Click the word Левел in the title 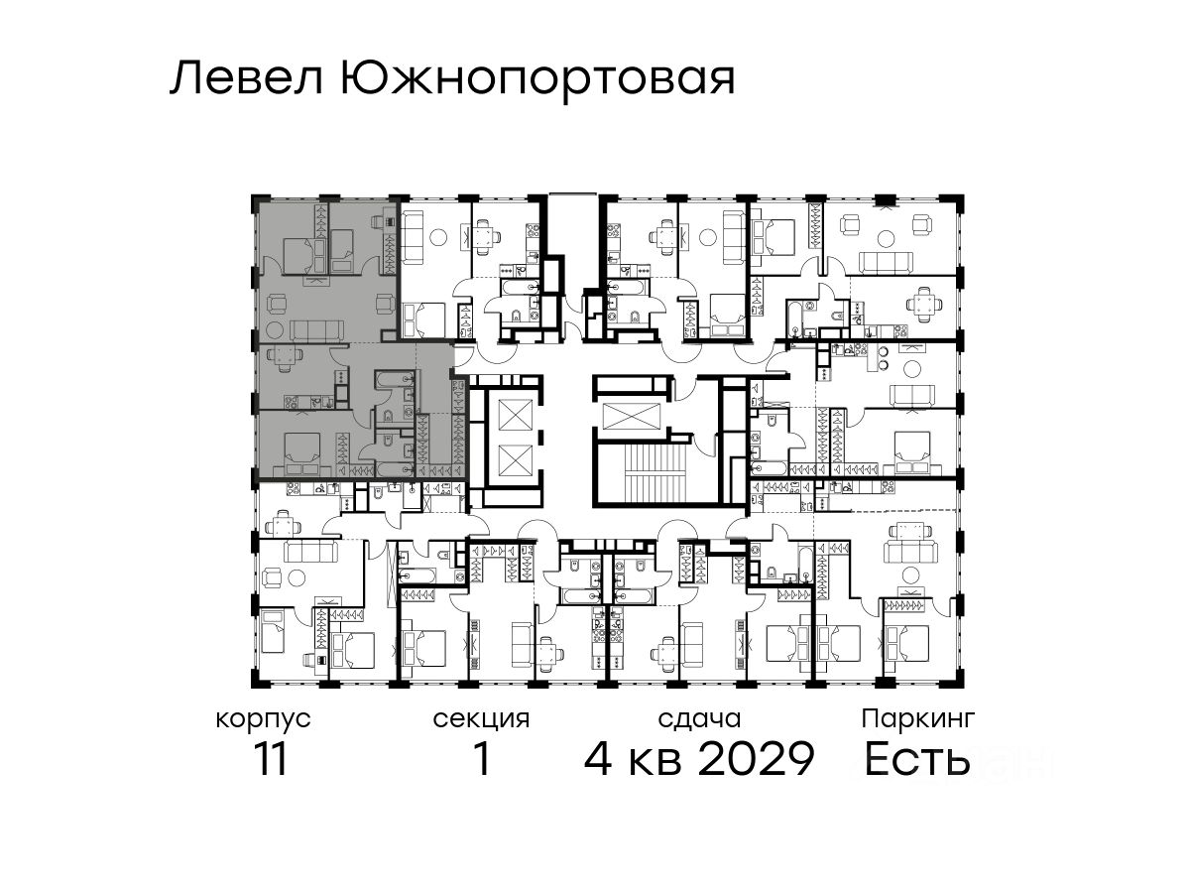pos(247,78)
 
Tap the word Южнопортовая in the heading pos(538,81)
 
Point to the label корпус pos(264,720)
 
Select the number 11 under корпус pos(271,759)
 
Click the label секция pos(481,720)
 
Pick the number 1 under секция pos(482,759)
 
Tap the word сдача pos(699,719)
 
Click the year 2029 pos(756,759)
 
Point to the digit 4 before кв pos(598,759)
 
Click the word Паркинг pos(918,719)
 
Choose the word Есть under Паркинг pos(916,759)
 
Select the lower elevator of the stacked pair pos(515,459)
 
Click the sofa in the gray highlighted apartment pos(317,329)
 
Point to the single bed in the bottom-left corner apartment pos(273,631)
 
